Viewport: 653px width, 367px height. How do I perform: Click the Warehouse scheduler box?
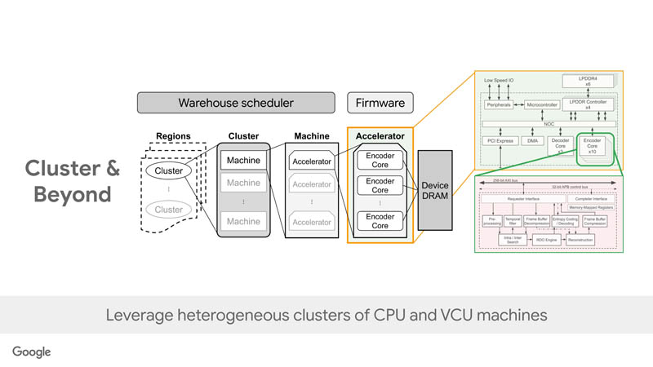coord(236,104)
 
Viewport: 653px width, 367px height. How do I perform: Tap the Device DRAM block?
coord(434,191)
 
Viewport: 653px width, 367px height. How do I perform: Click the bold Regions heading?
coord(172,136)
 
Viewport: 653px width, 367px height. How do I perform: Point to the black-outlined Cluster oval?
coord(169,170)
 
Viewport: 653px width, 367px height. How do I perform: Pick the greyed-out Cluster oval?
coord(169,210)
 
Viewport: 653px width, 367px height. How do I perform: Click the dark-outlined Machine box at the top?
coord(243,161)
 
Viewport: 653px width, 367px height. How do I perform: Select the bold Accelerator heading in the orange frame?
coord(380,136)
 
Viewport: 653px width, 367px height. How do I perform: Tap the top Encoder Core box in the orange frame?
coord(380,161)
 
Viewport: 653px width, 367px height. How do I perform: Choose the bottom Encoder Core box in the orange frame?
coord(380,221)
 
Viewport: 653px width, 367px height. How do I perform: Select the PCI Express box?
coord(498,141)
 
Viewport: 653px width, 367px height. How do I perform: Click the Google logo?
coord(31,352)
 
